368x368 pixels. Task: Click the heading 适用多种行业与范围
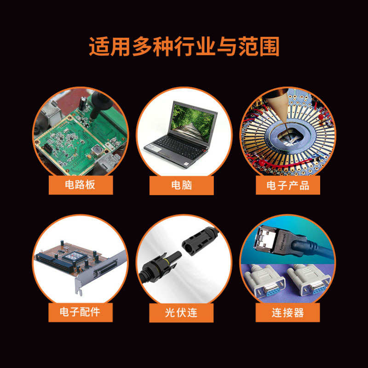point(184,47)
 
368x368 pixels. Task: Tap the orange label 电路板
point(80,185)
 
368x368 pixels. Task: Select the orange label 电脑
point(181,185)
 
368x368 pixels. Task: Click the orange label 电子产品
point(287,185)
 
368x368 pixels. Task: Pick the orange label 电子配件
point(80,312)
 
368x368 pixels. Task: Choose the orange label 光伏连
point(181,312)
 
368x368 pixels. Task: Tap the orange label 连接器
point(287,312)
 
